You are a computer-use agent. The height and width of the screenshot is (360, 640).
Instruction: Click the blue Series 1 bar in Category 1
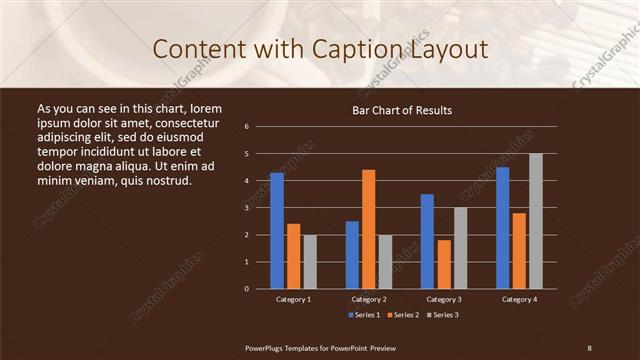pyautogui.click(x=277, y=231)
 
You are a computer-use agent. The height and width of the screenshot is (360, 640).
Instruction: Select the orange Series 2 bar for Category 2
pyautogui.click(x=368, y=229)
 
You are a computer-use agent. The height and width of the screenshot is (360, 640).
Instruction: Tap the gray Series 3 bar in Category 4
pyautogui.click(x=535, y=221)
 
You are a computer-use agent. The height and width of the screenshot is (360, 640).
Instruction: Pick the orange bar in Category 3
pyautogui.click(x=443, y=264)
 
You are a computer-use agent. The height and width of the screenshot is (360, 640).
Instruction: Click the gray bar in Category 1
pyautogui.click(x=310, y=262)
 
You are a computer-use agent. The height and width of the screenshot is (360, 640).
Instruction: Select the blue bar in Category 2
pyautogui.click(x=352, y=255)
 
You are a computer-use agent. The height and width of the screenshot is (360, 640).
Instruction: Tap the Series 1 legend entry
pyautogui.click(x=364, y=315)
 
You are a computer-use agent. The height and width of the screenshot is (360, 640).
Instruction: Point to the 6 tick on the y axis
pyautogui.click(x=246, y=127)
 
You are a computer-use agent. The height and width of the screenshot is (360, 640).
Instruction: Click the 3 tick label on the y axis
pyautogui.click(x=246, y=208)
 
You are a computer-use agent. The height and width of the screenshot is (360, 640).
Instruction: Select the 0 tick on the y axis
pyautogui.click(x=246, y=289)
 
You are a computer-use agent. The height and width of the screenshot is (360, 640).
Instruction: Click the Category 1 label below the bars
pyautogui.click(x=293, y=299)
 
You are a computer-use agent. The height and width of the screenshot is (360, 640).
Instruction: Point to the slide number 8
pyautogui.click(x=589, y=347)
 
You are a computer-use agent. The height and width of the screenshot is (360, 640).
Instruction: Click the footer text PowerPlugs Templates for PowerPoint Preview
pyautogui.click(x=320, y=347)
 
